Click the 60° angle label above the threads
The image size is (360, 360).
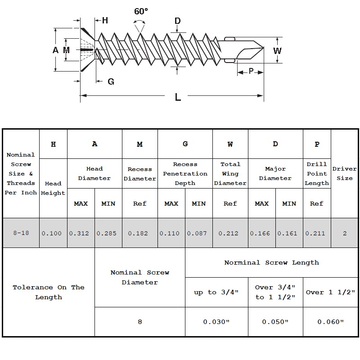click(x=140, y=11)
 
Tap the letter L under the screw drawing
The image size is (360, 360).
click(x=178, y=97)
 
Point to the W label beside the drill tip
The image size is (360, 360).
click(x=278, y=50)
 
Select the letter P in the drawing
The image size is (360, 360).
click(x=251, y=71)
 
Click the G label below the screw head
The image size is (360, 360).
click(x=111, y=81)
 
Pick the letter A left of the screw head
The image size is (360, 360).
click(x=55, y=50)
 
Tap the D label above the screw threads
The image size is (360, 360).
click(x=177, y=21)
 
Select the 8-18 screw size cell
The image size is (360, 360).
click(x=21, y=233)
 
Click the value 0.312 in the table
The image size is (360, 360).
click(x=81, y=233)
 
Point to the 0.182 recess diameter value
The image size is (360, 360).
click(x=139, y=233)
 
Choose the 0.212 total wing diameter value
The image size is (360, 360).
click(x=230, y=233)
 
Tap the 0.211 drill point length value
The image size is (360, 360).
click(x=316, y=233)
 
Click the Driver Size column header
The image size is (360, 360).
click(x=344, y=173)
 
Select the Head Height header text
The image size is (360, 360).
click(x=53, y=188)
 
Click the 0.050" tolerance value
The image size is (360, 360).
click(x=275, y=322)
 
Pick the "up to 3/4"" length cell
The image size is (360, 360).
click(x=216, y=292)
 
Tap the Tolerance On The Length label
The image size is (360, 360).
click(x=48, y=292)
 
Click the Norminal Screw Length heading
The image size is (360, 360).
click(x=271, y=262)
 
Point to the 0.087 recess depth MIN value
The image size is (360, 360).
click(x=198, y=233)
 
